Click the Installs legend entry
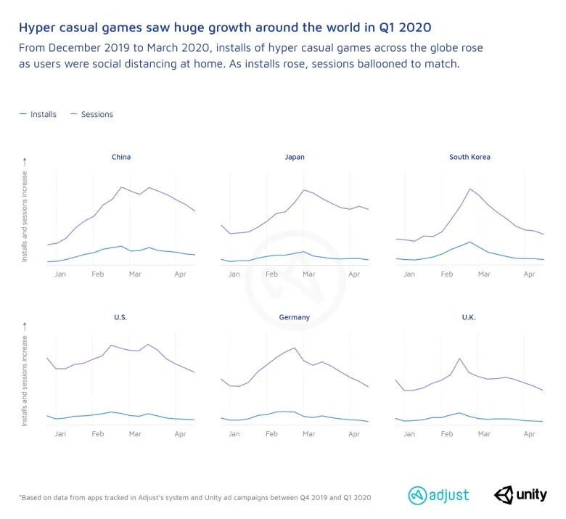click(x=43, y=114)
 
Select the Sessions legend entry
click(x=97, y=114)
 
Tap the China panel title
click(x=121, y=157)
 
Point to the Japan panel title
click(x=295, y=157)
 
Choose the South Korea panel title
click(x=469, y=157)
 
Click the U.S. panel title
click(x=121, y=317)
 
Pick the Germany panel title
click(x=295, y=317)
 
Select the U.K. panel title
click(x=469, y=317)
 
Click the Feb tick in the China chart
click(x=97, y=274)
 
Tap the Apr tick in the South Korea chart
click(x=529, y=274)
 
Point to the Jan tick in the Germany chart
click(x=234, y=433)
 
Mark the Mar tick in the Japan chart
click(x=308, y=274)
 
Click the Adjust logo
click(x=439, y=495)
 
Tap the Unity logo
click(x=521, y=495)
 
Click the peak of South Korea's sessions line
click(x=471, y=189)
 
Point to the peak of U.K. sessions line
click(x=459, y=359)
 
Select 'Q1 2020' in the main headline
click(x=403, y=28)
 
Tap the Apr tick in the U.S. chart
click(x=180, y=433)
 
